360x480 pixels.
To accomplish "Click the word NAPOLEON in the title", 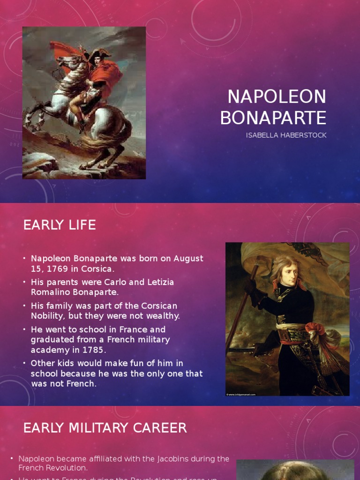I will tap(277, 97).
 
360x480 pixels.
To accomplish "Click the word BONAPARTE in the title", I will tap(273, 118).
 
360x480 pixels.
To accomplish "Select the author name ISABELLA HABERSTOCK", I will tap(286, 135).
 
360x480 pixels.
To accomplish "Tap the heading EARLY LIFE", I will tap(60, 225).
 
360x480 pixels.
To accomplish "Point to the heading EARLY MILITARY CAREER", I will tap(105, 428).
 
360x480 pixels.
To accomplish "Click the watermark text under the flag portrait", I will tap(241, 395).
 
